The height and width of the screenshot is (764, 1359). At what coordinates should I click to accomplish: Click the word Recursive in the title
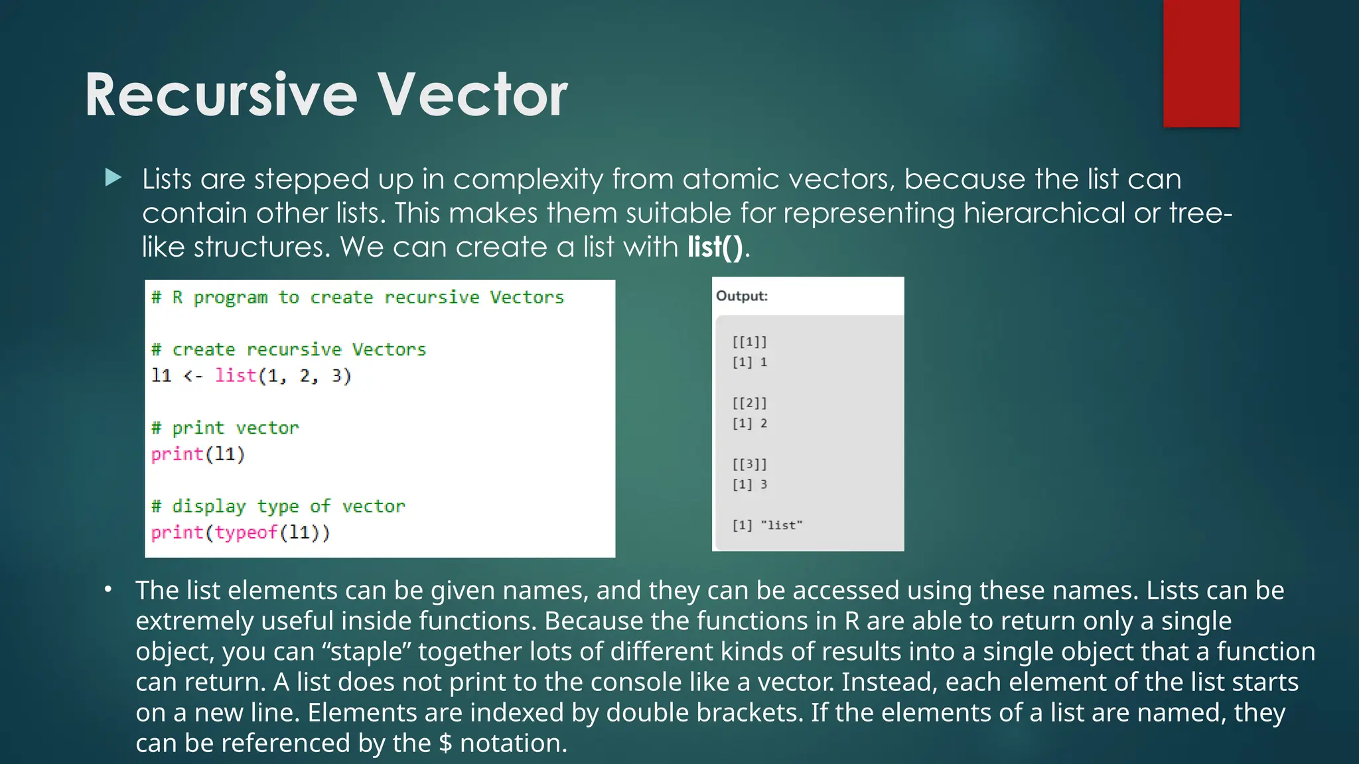[x=221, y=95]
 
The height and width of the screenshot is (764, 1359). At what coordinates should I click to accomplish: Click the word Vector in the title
[x=472, y=95]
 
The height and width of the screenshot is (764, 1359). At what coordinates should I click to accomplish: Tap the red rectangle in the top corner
[x=1201, y=63]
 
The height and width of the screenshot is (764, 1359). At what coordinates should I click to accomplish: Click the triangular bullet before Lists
[x=113, y=178]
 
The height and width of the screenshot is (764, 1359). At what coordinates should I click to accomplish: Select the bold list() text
[x=715, y=247]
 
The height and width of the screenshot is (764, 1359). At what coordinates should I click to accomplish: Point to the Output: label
[x=741, y=296]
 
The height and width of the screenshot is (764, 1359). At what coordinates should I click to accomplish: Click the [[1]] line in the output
[x=749, y=342]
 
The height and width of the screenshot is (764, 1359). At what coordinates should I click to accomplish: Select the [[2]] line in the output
[x=749, y=403]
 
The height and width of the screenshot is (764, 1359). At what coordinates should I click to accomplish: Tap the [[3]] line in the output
[x=749, y=464]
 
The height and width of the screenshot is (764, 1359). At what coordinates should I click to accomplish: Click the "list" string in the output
[x=781, y=525]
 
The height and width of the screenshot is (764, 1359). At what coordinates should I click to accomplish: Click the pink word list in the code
[x=236, y=376]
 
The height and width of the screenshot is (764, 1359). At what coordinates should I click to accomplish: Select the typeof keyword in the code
[x=246, y=533]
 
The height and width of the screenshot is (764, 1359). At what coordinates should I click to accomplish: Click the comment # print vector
[x=225, y=428]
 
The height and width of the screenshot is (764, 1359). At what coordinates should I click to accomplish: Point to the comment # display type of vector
[x=277, y=507]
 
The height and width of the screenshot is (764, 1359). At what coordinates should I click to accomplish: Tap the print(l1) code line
[x=198, y=454]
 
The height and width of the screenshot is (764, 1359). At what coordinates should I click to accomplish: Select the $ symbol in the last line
[x=445, y=743]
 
